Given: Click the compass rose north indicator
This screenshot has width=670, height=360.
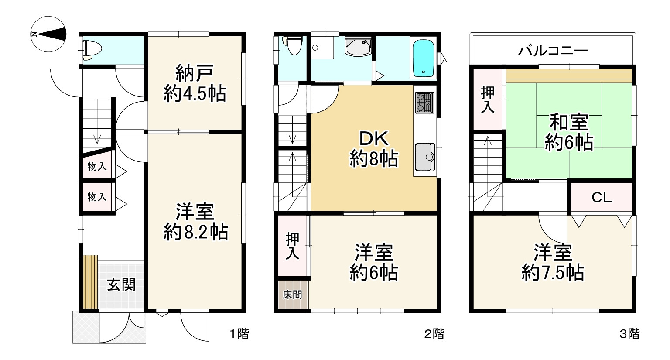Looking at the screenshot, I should tap(49, 34).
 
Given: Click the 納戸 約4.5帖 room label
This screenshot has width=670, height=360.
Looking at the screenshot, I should tap(194, 83).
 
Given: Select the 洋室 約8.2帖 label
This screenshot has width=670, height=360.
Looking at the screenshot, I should tap(195, 222).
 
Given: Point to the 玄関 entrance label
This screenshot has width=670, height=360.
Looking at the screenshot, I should tap(121, 285).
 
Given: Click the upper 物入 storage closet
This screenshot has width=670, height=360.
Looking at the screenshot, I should tap(97, 166).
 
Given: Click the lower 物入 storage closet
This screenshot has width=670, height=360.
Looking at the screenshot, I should tap(97, 197).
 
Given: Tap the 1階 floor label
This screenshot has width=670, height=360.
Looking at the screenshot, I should tap(239, 334).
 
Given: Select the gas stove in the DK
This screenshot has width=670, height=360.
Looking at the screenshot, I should tap(425, 103).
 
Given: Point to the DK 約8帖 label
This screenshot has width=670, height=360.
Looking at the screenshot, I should tap(374, 149).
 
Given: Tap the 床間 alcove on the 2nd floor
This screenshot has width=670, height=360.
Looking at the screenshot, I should tap(292, 295).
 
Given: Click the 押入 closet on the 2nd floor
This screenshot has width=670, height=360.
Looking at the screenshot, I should tap(293, 246).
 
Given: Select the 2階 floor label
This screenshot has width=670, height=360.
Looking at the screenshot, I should tap(434, 334).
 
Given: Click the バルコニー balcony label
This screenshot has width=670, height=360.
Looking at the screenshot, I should tap(553, 51).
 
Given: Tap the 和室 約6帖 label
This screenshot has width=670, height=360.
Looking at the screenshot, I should tap(568, 132).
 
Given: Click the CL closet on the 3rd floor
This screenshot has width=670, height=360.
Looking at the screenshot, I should tap(602, 198).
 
